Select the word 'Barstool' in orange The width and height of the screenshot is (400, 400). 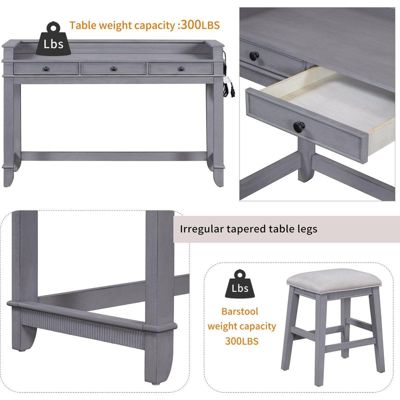tap(240, 311)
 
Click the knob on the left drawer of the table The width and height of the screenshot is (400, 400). tap(46, 68)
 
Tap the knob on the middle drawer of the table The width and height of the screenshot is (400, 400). tap(113, 68)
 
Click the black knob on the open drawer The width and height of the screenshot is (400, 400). tap(299, 126)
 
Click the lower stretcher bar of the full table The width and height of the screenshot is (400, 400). tap(114, 156)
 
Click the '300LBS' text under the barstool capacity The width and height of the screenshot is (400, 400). tap(242, 341)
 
